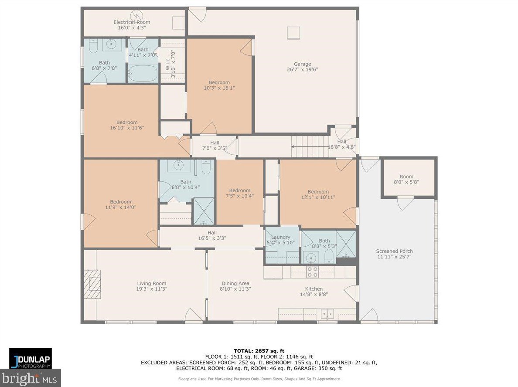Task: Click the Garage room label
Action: click(302, 64)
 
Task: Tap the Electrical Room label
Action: click(132, 22)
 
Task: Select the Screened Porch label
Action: click(394, 251)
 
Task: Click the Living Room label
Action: click(152, 283)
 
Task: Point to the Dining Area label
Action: click(235, 283)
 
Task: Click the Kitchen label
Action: click(314, 289)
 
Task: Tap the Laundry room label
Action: click(280, 237)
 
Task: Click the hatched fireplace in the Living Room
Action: click(92, 284)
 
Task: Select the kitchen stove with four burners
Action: click(312, 272)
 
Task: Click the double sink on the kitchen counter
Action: click(327, 313)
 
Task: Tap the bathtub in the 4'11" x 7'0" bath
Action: click(143, 73)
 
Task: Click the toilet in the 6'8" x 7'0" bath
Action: click(93, 46)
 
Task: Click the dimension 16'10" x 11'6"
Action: click(127, 127)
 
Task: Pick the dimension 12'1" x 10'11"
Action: click(318, 197)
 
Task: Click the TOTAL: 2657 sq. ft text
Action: click(259, 351)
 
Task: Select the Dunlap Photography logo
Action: click(31, 358)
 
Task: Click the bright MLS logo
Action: click(31, 378)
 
